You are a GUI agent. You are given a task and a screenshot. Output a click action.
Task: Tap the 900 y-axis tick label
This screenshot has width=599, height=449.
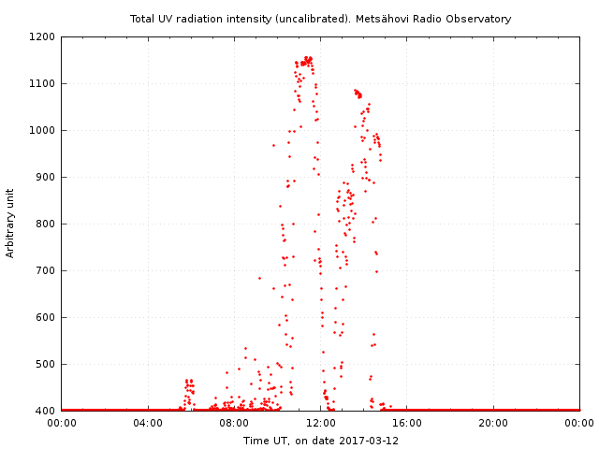[x=46, y=178]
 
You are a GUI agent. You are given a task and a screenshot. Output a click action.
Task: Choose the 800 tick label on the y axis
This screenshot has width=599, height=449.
[x=46, y=224]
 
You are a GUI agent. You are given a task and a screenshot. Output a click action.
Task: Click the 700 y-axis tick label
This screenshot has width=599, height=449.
[x=46, y=271]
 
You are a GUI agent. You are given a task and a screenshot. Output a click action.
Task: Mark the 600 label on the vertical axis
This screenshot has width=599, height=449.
[x=46, y=318]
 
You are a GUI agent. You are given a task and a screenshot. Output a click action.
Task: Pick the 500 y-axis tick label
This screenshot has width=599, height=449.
[x=46, y=365]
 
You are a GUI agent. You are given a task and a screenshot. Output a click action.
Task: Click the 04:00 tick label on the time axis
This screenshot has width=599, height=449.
[x=148, y=423]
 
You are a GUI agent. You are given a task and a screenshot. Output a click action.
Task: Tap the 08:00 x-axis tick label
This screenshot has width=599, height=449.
[x=234, y=423]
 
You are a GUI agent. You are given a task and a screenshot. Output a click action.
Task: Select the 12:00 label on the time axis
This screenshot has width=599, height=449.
[x=321, y=423]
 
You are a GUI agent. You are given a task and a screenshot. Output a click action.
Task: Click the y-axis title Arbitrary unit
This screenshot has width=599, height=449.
[x=11, y=223]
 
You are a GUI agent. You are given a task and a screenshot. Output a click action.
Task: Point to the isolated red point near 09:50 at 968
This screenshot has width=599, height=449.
[x=273, y=145]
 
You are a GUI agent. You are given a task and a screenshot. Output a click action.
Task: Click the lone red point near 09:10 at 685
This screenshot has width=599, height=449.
[x=259, y=278]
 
